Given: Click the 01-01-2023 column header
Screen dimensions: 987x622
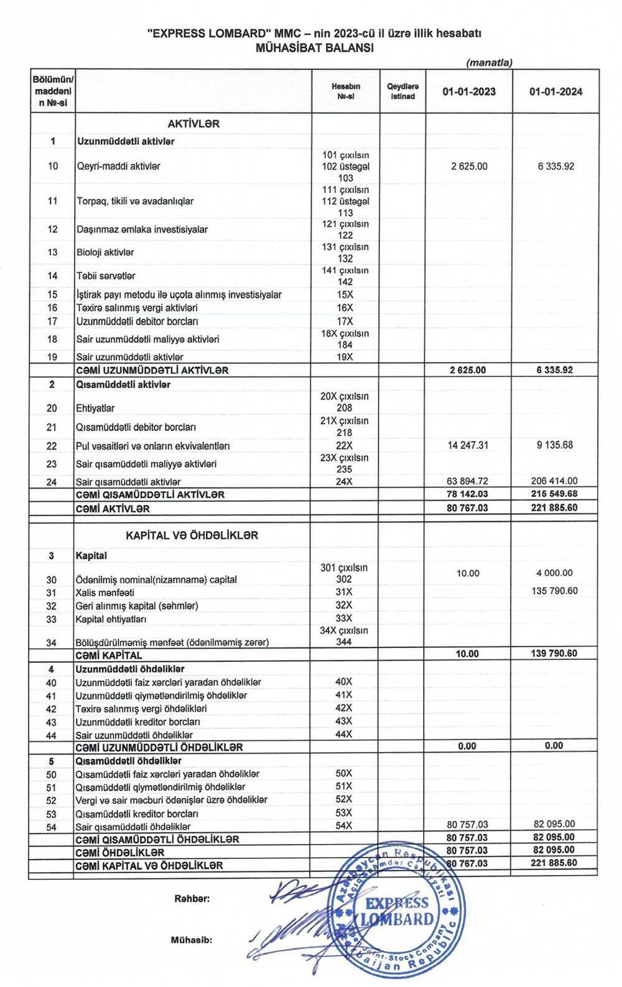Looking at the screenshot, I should pos(469,92).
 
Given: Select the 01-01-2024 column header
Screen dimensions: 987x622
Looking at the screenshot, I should pos(555,92).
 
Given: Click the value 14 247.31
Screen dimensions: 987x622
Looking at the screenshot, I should pos(468,445).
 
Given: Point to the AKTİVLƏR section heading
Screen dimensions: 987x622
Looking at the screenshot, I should pos(193,124).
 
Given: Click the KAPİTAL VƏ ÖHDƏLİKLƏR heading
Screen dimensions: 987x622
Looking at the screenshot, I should pos(192,535).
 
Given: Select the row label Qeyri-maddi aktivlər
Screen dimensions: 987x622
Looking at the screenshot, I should pos(118,166).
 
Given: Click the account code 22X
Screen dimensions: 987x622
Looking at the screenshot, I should pos(344,445).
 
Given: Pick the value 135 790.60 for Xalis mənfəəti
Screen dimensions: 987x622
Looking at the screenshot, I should pos(554,591).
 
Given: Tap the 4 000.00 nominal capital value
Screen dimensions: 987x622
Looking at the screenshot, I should pos(554,573).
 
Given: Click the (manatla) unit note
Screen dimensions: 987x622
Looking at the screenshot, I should pos(489,63).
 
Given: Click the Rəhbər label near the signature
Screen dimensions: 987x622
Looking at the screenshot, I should pos(192,899).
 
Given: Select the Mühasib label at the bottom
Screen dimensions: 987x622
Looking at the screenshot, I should pos(192,940).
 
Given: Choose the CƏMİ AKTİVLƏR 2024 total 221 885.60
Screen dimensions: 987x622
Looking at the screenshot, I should pos(554,507).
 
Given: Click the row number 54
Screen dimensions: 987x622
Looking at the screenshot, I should pos(51,827).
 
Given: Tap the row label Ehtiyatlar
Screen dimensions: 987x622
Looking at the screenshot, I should pos(95,409).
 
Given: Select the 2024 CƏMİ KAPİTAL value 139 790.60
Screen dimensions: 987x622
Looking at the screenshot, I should pos(554,654).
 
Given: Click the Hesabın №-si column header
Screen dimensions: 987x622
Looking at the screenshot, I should pos(345,91).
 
